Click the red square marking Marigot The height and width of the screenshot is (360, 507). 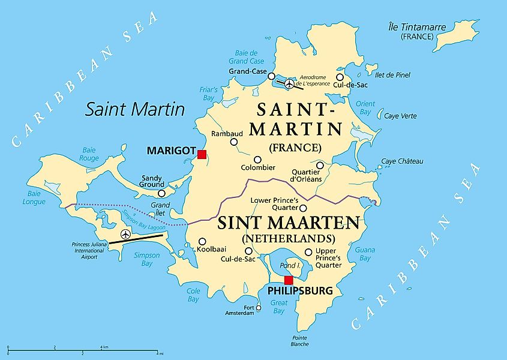coord(202,154)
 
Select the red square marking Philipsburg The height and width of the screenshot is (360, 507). coord(289,280)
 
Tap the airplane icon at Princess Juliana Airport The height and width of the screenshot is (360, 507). coord(125,234)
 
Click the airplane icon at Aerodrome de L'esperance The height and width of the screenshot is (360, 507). coord(290,84)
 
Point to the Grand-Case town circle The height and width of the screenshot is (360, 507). coord(271,76)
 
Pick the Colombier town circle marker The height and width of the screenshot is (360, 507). coord(257,160)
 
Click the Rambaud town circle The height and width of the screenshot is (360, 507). coord(234,142)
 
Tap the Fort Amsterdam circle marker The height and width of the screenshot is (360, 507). coord(259,308)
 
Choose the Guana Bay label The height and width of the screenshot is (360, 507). coord(364,254)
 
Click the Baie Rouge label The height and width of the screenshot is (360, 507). coord(89,154)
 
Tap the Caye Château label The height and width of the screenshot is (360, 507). coord(403,161)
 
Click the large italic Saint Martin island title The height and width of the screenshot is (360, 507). coord(135,109)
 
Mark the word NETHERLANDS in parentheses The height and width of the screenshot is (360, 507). coord(288,239)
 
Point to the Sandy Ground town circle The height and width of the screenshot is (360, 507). coord(161,193)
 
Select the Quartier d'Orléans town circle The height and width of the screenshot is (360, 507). coord(320,165)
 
